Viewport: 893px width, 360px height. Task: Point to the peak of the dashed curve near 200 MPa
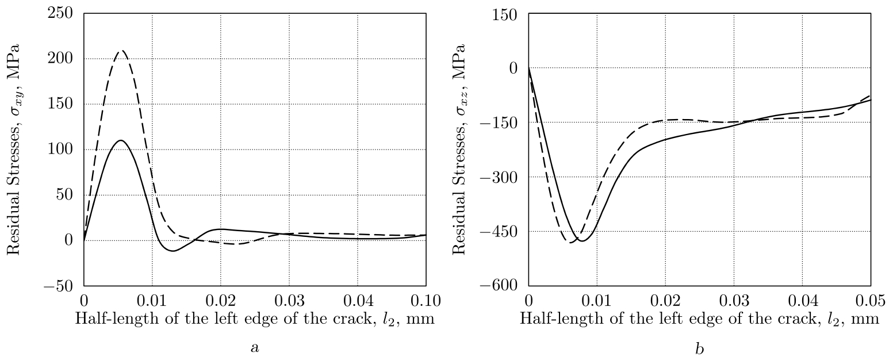point(121,51)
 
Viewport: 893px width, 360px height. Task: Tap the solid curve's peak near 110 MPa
point(121,140)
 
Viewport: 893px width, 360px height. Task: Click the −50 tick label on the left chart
point(60,286)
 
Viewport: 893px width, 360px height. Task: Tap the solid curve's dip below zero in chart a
point(173,251)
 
